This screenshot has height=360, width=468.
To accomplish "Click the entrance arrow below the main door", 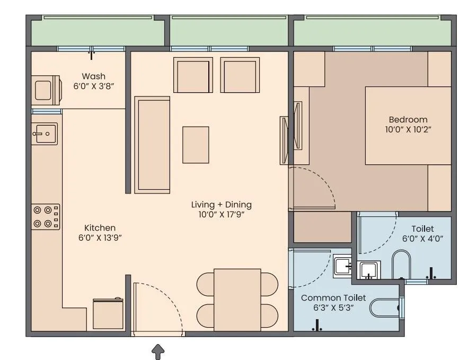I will click(x=158, y=351).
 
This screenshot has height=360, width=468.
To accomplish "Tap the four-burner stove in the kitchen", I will click(x=46, y=217).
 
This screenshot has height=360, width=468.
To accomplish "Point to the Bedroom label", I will click(x=408, y=119).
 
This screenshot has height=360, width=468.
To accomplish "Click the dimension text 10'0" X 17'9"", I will click(x=221, y=215).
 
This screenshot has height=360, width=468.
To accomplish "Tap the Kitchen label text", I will click(x=100, y=227).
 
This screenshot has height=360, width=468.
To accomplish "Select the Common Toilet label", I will click(x=333, y=298).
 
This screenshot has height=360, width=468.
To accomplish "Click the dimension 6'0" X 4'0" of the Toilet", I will click(x=422, y=239).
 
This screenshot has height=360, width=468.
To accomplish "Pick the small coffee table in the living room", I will click(x=196, y=145).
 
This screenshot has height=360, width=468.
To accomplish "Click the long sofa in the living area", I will click(x=152, y=145).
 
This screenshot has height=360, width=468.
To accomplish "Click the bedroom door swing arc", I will click(x=318, y=186).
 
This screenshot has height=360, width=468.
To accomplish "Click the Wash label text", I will click(x=93, y=76).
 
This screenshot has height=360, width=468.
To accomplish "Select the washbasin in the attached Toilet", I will click(x=368, y=270).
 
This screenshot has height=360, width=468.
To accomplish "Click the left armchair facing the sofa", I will click(x=193, y=75).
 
